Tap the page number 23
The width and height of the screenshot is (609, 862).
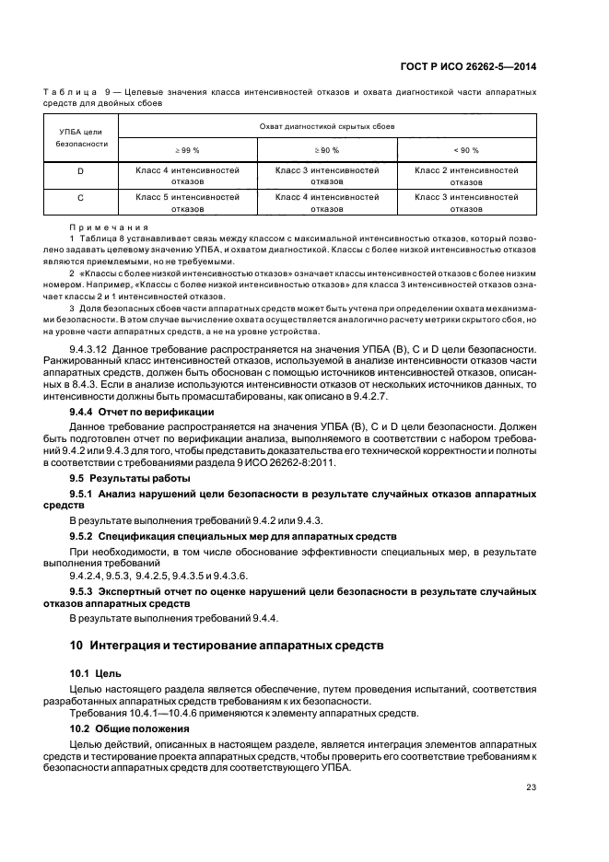(531, 786)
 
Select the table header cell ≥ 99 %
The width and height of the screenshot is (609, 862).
(187, 149)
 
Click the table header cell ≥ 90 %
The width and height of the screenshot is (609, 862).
(327, 149)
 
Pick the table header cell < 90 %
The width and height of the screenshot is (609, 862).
(465, 149)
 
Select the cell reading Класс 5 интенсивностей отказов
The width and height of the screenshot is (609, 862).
(187, 203)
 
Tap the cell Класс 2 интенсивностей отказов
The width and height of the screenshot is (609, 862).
(465, 176)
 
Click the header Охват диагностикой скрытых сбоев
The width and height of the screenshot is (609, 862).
(327, 123)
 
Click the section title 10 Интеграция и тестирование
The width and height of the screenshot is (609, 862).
(226, 646)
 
